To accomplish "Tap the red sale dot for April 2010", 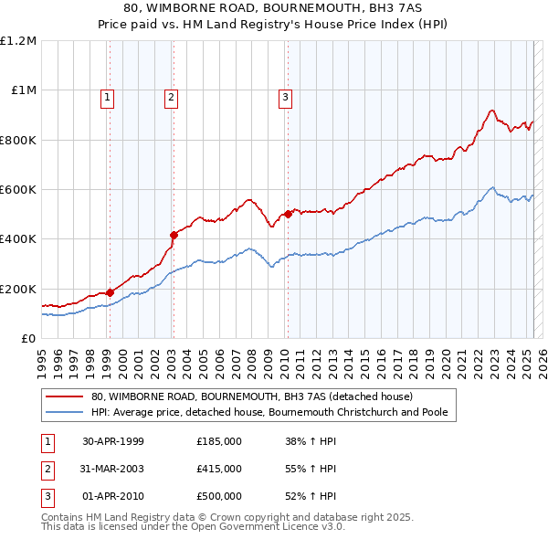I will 288,214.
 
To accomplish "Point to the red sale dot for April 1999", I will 111,292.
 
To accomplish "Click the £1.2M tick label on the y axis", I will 18,40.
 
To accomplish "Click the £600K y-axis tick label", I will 18,189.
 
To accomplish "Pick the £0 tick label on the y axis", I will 28,338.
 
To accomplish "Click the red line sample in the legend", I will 66,397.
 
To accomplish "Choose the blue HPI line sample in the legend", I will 66,413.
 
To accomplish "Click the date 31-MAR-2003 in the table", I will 113,469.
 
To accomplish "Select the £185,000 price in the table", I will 219,441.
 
